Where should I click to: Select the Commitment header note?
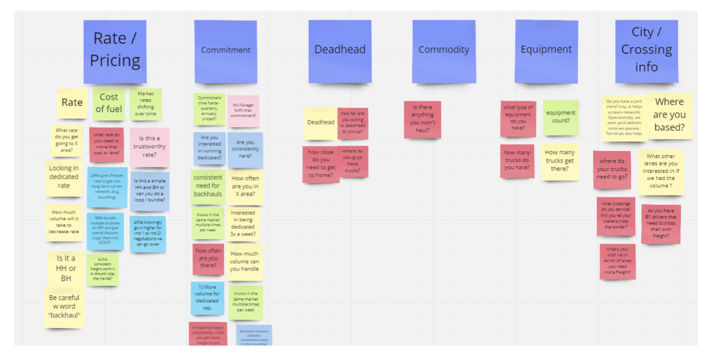[x=226, y=51]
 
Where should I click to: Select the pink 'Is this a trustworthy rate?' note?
[x=149, y=147]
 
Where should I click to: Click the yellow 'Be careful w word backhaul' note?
[x=64, y=307]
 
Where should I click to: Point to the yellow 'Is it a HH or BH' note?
[x=66, y=268]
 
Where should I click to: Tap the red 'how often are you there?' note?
[x=208, y=258]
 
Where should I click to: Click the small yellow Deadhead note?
[x=320, y=123]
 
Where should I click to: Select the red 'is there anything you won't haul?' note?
[x=422, y=119]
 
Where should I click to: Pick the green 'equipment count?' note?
[x=561, y=117]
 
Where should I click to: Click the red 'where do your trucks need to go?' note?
[x=612, y=169]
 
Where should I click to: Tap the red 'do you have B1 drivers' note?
[x=661, y=224]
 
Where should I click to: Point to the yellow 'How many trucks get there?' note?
[x=560, y=161]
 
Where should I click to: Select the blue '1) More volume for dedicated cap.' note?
[x=207, y=298]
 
